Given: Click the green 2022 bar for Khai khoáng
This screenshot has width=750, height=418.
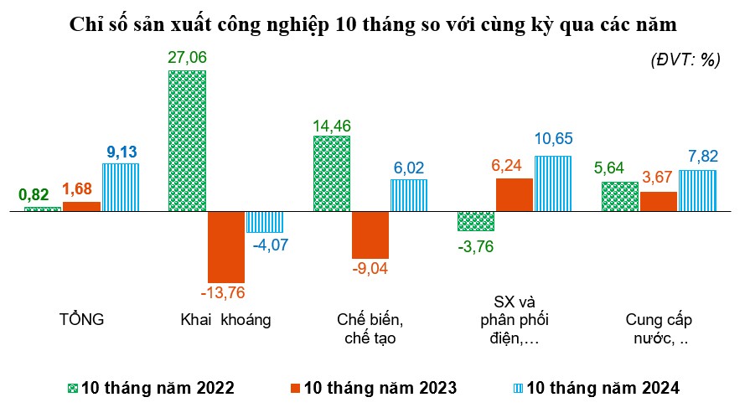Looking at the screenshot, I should pos(187,141).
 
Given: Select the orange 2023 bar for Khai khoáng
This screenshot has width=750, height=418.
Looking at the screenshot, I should pos(225,247).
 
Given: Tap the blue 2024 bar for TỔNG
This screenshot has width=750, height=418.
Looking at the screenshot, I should pos(120,187).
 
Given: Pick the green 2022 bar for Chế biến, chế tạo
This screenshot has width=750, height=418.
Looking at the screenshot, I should pos(331,173).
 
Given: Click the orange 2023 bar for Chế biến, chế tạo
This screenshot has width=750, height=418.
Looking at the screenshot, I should pos(370,235).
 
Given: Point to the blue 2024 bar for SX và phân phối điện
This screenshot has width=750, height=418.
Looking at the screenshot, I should pos(552,183).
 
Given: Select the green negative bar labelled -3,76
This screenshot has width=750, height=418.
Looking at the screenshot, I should pos(475,221).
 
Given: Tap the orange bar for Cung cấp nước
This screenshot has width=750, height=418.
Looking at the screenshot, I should pos(659,202).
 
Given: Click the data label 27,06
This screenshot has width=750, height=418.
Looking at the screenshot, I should pos(187,58).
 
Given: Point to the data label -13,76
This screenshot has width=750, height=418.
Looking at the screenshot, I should pos(225,293).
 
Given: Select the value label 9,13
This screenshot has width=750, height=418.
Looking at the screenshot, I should pos(122,152).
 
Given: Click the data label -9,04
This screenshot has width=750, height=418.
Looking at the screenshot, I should pos(370,269).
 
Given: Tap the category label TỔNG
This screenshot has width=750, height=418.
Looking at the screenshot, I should pos(81,319).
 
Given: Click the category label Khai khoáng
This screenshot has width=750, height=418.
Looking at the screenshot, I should pos(225,319).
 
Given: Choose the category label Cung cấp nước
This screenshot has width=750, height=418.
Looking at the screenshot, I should pos(659,328).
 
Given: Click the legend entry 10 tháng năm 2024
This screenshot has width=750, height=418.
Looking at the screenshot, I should pos(594,388).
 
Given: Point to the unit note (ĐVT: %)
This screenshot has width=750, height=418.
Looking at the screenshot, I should pos(685,59).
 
